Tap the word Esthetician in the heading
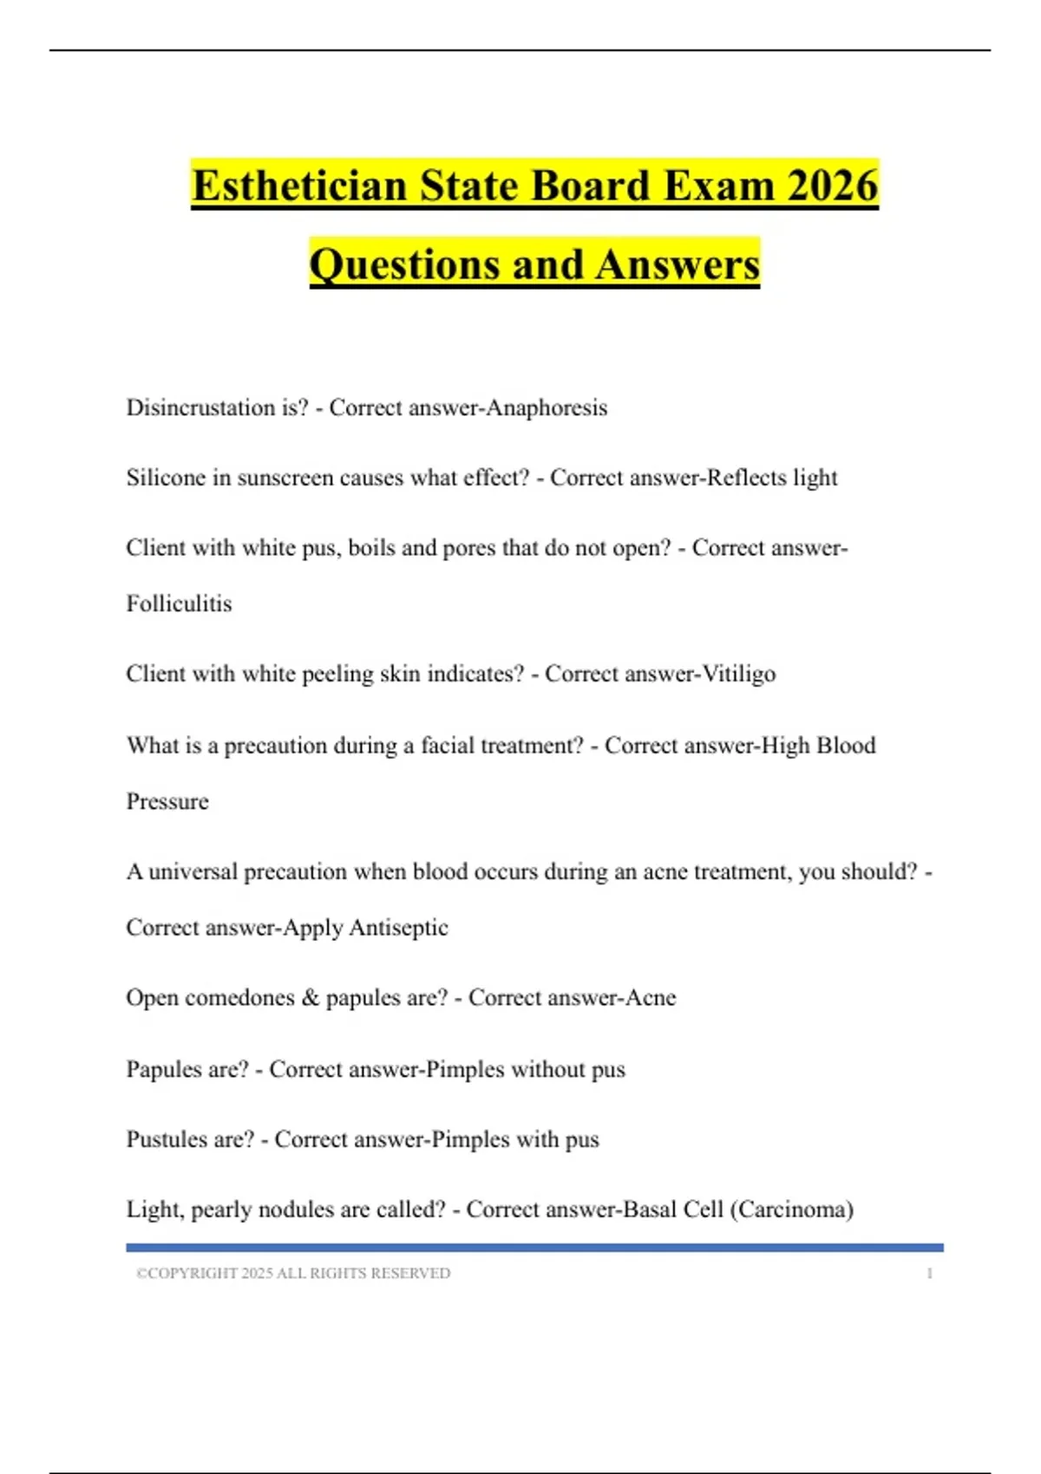(x=299, y=186)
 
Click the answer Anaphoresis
(x=547, y=408)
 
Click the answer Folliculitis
(x=180, y=603)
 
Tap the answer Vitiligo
(x=738, y=674)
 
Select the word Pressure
(x=167, y=801)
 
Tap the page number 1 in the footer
(x=930, y=1274)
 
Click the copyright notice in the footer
(x=293, y=1274)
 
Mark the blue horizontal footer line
(x=534, y=1248)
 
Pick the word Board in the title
(x=590, y=186)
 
